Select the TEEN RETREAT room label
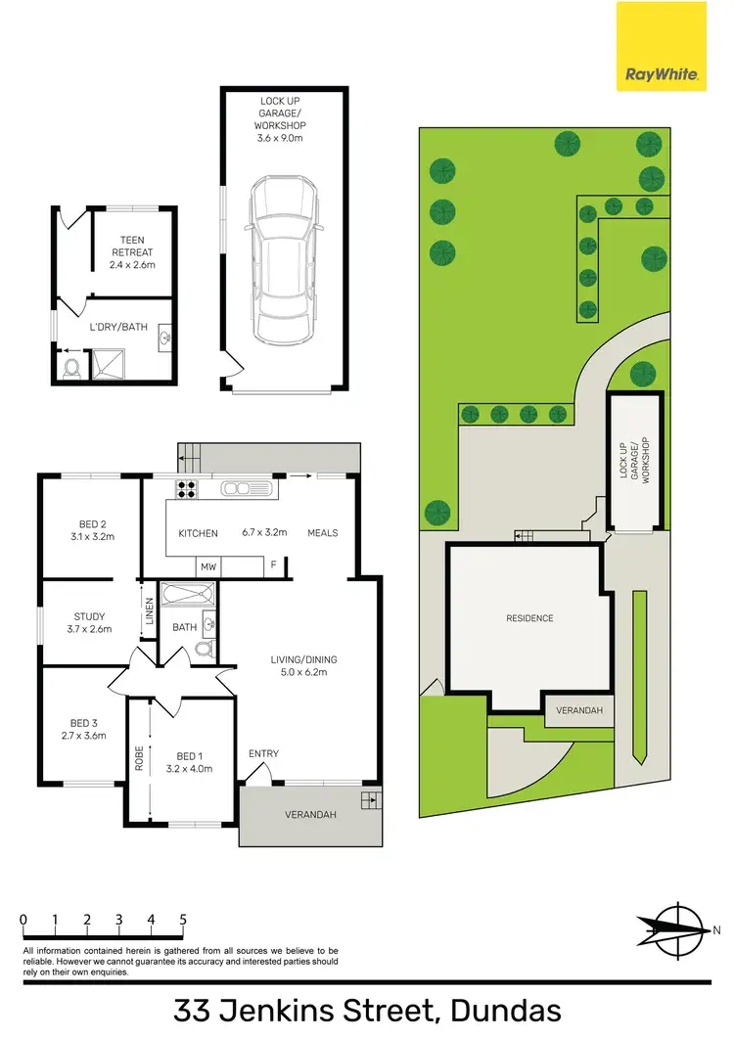click(132, 251)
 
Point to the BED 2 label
click(93, 529)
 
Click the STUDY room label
click(90, 622)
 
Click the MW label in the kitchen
click(207, 566)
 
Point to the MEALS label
click(322, 533)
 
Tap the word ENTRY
click(263, 753)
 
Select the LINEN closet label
click(149, 612)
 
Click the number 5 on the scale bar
click(183, 919)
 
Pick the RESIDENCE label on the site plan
click(529, 618)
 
